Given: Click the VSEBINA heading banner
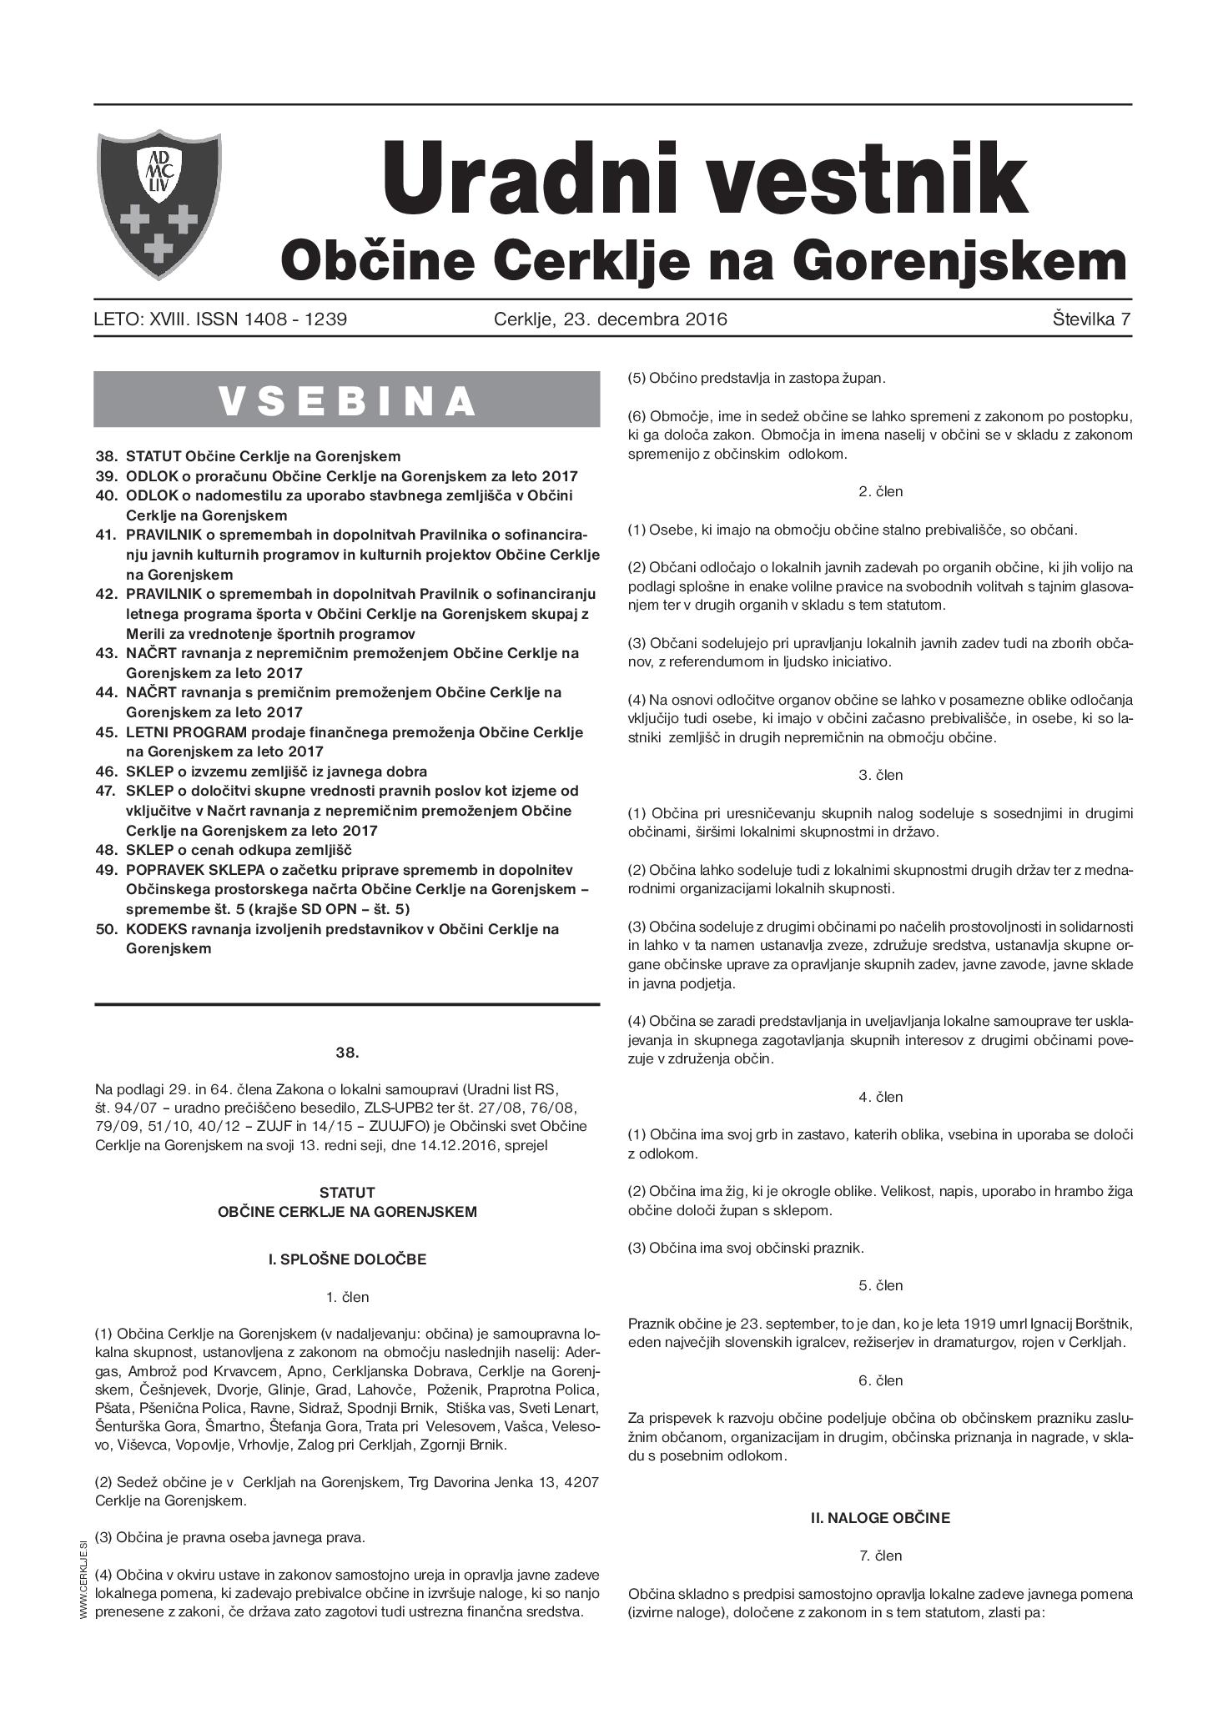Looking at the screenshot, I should click(x=347, y=400).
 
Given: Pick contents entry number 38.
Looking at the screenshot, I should click(x=106, y=457).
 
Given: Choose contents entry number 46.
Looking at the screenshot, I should click(x=106, y=772).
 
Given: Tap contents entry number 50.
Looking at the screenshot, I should click(x=106, y=929).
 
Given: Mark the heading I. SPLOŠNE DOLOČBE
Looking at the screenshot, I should click(x=347, y=1259).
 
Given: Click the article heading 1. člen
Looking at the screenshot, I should click(x=347, y=1297).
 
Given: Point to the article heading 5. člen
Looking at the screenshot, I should click(x=880, y=1285).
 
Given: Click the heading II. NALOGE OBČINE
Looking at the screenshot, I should click(x=880, y=1518).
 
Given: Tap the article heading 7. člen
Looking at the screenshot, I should click(x=880, y=1556).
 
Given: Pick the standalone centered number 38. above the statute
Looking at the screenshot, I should click(x=347, y=1053).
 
